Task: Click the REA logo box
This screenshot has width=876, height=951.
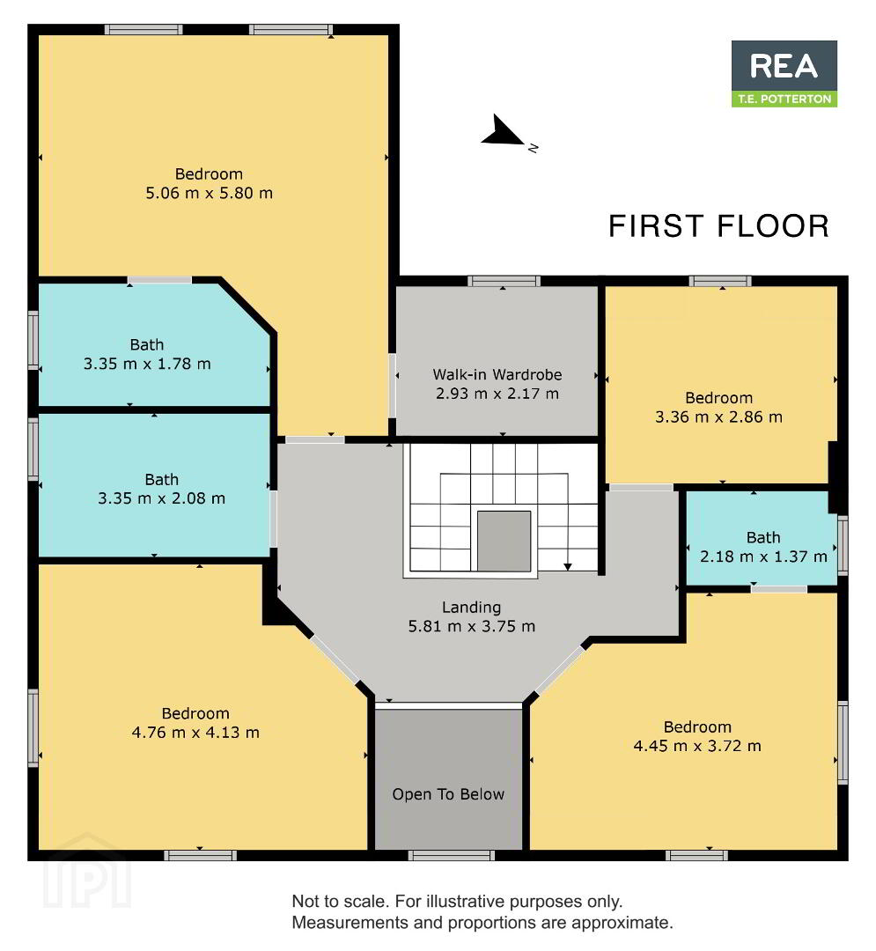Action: [784, 73]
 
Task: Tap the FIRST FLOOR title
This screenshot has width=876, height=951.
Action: [718, 226]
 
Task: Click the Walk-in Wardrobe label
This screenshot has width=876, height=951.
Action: [497, 374]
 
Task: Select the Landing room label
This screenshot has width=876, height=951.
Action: [471, 607]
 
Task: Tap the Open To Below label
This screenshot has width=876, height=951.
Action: [448, 794]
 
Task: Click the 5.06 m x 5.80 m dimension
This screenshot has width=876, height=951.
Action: [210, 193]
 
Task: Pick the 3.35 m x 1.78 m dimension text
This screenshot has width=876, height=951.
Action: [147, 364]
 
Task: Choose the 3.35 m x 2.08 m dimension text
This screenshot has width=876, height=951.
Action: [161, 498]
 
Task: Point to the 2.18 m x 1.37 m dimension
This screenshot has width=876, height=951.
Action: [763, 557]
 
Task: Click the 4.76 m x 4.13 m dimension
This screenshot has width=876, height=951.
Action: [195, 732]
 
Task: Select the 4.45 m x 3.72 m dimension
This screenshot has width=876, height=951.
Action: [697, 746]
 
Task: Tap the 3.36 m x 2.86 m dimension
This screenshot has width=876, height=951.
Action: [718, 417]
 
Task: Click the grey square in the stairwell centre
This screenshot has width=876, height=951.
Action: [504, 541]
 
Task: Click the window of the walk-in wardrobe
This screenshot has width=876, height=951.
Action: [504, 281]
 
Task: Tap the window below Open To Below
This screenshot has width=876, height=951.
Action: [451, 855]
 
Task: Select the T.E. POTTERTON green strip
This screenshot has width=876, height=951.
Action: [784, 99]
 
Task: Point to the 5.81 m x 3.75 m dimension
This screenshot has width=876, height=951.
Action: [471, 626]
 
